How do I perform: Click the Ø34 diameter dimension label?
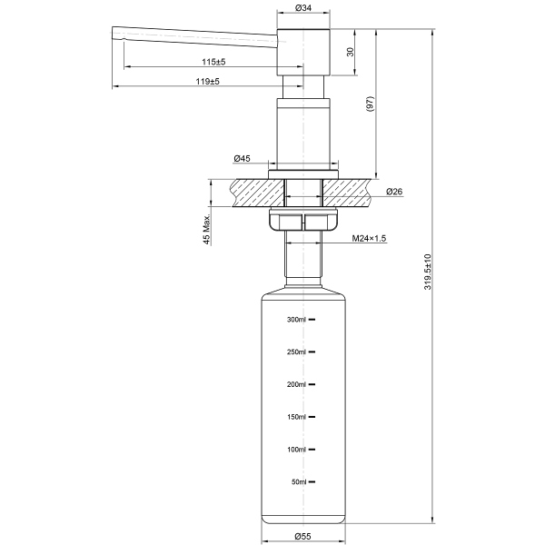(303, 8)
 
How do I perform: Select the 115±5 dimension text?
(213, 62)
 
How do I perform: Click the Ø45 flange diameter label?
(242, 159)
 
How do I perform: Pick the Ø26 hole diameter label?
(394, 192)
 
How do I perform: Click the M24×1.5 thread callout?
(369, 239)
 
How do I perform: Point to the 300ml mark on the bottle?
(297, 320)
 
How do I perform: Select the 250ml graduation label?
(297, 352)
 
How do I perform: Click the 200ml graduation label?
(297, 384)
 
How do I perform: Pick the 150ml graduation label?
(297, 417)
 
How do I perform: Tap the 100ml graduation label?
(297, 450)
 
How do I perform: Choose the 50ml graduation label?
(299, 482)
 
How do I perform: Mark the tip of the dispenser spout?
(116, 35)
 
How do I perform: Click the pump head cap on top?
(303, 51)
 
